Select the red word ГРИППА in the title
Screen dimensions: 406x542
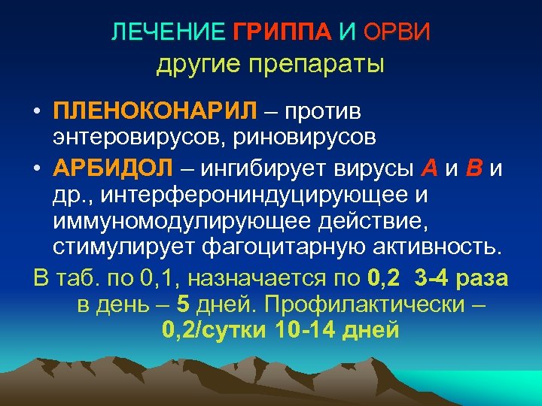tap(282, 32)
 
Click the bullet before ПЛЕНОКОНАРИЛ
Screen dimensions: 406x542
tap(37, 112)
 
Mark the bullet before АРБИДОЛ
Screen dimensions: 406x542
tap(37, 168)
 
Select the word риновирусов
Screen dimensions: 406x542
tap(310, 138)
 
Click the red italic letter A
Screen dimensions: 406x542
tap(429, 167)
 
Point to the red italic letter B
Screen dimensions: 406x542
tap(473, 167)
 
